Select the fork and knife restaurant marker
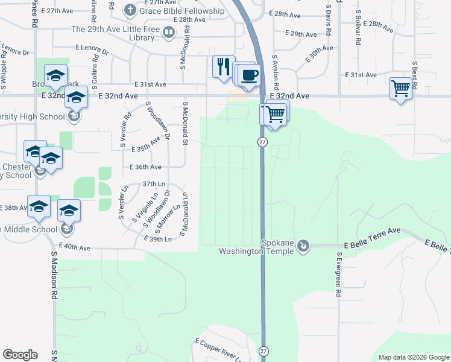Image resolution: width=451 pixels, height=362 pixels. point(224,66)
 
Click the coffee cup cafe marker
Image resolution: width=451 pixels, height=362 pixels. point(249,75)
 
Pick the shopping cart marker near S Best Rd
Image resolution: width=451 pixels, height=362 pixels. point(400,89)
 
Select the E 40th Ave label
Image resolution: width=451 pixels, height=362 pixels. point(74,247)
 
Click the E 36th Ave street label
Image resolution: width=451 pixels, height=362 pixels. point(145,167)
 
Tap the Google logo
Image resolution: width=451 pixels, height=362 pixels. point(20,355)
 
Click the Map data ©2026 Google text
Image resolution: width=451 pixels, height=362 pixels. point(412,357)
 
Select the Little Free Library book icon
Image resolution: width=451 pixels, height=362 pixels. point(169,31)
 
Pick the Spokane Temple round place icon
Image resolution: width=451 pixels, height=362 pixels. point(304,246)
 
